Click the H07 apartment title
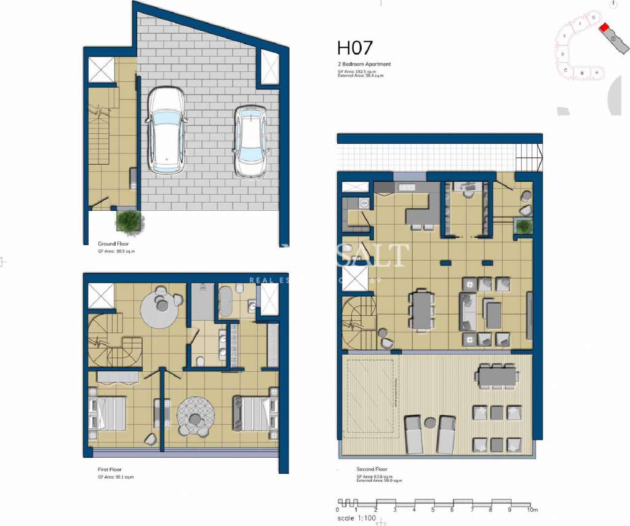pos(354,48)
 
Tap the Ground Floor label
pos(114,244)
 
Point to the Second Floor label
pos(372,469)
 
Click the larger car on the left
pos(166,130)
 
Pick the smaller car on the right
pos(250,141)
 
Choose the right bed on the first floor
pos(252,414)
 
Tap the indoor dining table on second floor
pos(422,309)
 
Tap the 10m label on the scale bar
pos(532,510)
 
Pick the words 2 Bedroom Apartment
pos(364,64)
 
